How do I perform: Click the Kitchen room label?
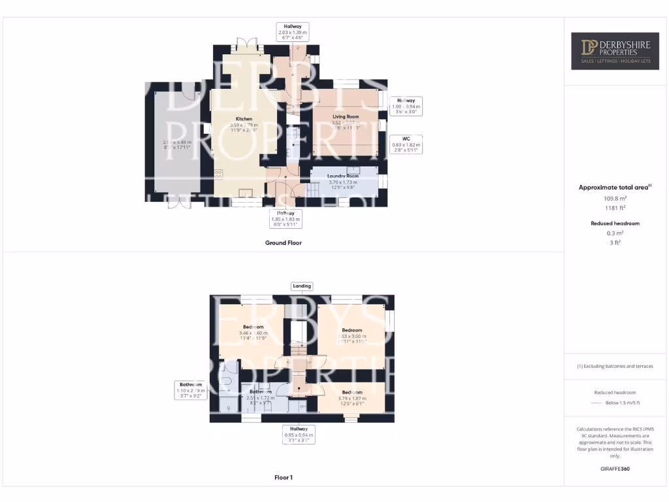(244, 119)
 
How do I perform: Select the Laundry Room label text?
(343, 176)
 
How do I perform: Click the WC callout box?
(406, 144)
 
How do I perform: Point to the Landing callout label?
(302, 286)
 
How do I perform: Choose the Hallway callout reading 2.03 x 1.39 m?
(293, 31)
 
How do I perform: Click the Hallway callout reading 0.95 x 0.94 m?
(298, 435)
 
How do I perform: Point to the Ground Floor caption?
(283, 243)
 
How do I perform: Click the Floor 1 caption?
(283, 478)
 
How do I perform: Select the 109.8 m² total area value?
(615, 197)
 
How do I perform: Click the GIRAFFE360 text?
(615, 469)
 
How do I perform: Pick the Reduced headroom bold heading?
(615, 224)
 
